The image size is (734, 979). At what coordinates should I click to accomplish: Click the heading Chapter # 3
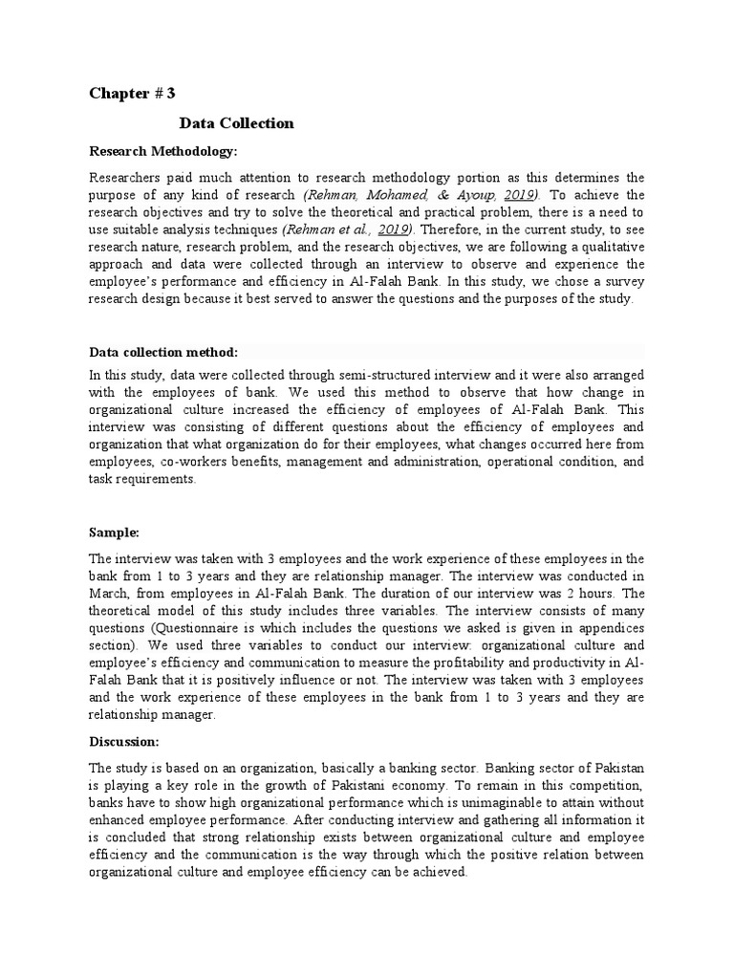click(132, 93)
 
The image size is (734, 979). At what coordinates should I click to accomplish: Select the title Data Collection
click(236, 123)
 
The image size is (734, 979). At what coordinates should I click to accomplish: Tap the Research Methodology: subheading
click(162, 151)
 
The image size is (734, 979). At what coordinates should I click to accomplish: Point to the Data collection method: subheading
click(163, 352)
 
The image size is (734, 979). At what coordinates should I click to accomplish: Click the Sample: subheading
click(115, 532)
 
